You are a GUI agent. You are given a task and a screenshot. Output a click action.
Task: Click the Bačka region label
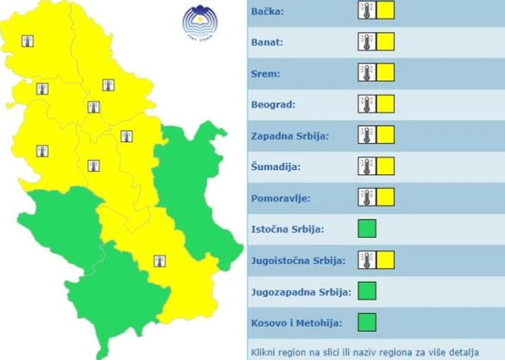pos(268,12)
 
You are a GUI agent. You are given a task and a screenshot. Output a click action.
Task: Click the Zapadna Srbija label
pos(290,136)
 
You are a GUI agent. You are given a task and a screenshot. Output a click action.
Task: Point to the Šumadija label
pos(276,167)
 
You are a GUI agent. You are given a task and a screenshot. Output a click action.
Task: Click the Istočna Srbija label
pos(288,229)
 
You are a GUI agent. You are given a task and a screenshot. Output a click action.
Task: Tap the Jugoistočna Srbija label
pos(299,260)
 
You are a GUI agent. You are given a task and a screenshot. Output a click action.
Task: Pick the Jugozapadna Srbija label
pos(301,292)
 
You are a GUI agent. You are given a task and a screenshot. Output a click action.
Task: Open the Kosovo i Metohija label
pos(297,322)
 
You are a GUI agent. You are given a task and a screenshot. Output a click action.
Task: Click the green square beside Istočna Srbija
pos(367,228)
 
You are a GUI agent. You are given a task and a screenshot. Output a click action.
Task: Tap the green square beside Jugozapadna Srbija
pos(367,291)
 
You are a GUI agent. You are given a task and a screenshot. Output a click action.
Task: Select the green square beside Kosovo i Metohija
pos(367,322)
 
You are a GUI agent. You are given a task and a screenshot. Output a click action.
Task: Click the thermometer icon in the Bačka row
pos(367,10)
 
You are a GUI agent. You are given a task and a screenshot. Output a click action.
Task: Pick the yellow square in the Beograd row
pos(385,104)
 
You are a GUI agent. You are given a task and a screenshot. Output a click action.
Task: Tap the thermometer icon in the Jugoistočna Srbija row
pos(367,260)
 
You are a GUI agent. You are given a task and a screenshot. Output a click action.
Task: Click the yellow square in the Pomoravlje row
pos(385,197)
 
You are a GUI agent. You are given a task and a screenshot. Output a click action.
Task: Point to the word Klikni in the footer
pos(265,352)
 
